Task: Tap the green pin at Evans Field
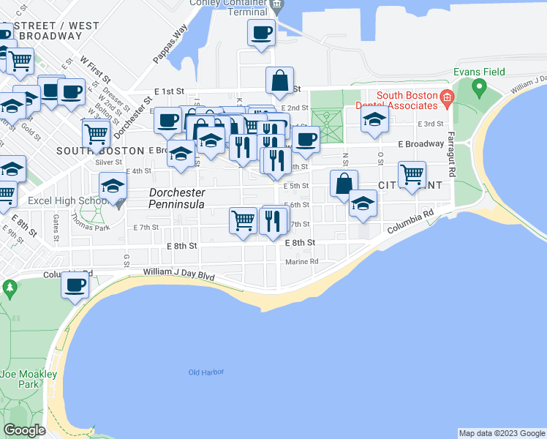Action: [x=479, y=89]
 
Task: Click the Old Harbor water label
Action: [x=205, y=372]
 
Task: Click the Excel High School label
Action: [x=67, y=200]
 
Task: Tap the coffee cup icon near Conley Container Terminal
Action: [x=261, y=33]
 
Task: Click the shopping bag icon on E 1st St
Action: [x=279, y=80]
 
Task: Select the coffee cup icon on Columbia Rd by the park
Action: [x=74, y=284]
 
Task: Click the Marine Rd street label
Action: [x=302, y=261]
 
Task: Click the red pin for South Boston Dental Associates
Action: [x=445, y=96]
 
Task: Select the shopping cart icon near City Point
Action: [x=412, y=175]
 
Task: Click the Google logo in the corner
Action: [x=24, y=430]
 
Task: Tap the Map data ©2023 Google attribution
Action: [x=501, y=433]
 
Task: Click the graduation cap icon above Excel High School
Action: [x=113, y=185]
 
